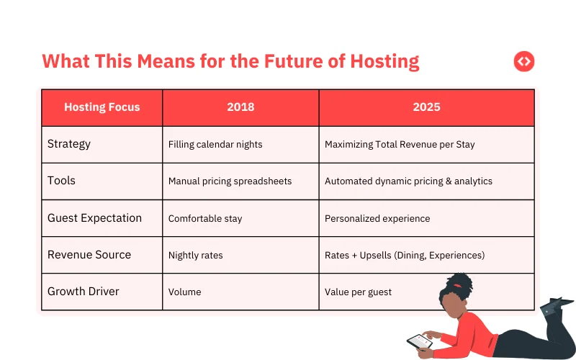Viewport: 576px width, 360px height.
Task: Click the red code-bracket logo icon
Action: click(524, 62)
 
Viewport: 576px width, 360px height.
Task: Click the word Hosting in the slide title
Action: click(384, 61)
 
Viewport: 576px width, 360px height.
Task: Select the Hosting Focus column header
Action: click(102, 107)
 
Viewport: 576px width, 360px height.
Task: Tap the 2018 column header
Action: click(240, 107)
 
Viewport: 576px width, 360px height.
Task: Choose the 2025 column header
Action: click(426, 107)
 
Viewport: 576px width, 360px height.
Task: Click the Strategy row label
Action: click(69, 144)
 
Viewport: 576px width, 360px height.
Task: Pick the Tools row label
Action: click(61, 181)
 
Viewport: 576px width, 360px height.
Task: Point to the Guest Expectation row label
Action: click(94, 218)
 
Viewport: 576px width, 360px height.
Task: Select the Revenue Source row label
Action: click(89, 255)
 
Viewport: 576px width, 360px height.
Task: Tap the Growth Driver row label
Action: click(84, 292)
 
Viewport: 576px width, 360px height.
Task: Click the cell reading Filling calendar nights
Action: click(215, 145)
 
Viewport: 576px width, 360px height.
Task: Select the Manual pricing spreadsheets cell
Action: click(230, 181)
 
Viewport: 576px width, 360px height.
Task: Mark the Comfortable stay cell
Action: click(205, 218)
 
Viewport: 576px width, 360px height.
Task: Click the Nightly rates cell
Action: click(195, 256)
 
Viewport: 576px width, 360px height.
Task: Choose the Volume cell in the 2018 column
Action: click(184, 292)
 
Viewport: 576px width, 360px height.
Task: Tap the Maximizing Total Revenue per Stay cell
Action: click(400, 145)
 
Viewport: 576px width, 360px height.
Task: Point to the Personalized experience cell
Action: click(377, 218)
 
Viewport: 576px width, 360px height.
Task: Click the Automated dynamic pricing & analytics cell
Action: click(408, 181)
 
